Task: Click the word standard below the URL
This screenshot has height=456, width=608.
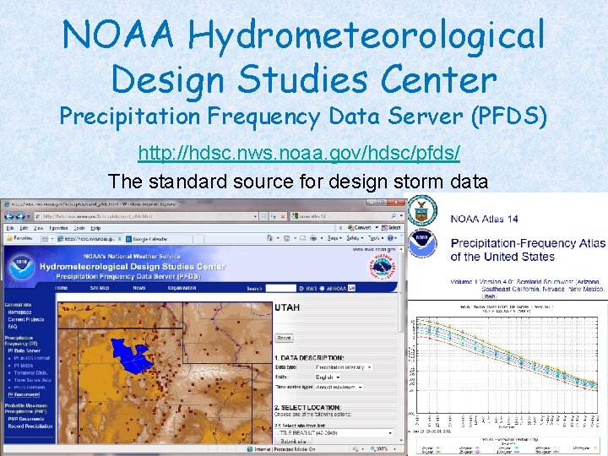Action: [190, 181]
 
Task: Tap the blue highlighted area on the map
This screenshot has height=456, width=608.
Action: [132, 355]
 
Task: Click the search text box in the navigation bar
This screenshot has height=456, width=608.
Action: [281, 288]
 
